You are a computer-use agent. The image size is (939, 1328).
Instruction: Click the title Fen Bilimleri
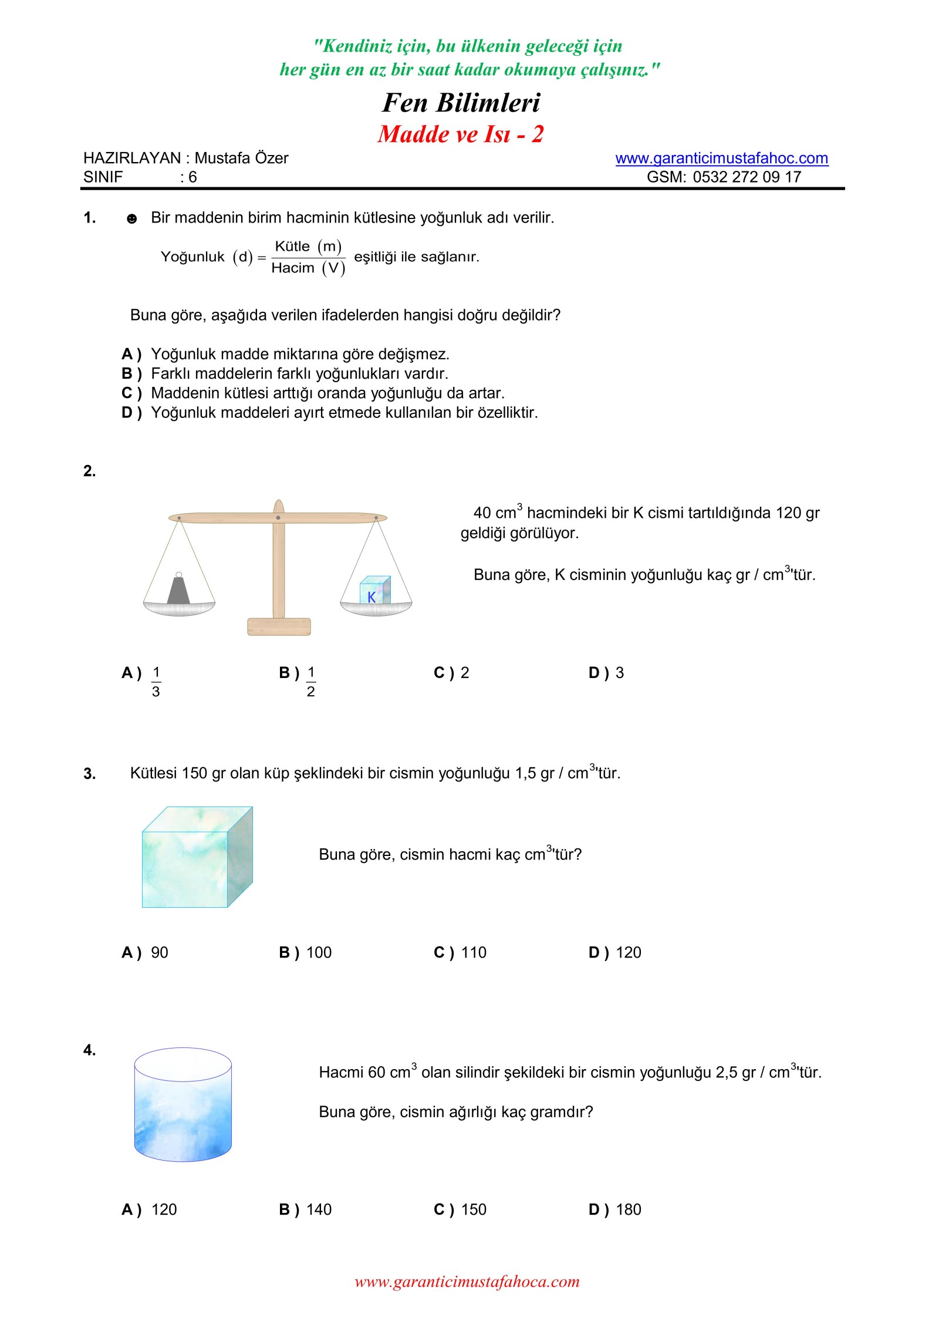tap(461, 103)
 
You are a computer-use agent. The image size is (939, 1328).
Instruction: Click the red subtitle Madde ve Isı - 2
tap(461, 134)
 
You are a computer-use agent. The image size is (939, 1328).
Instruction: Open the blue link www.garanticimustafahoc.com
tap(721, 159)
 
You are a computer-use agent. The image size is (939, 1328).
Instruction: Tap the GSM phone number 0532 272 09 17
tap(747, 177)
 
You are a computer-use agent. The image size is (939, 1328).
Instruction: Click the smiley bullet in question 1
tap(132, 219)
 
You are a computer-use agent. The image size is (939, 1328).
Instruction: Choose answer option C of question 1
tap(327, 393)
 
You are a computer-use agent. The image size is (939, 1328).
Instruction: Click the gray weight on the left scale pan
tap(178, 589)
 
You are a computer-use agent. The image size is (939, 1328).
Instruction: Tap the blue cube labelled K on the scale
tap(375, 590)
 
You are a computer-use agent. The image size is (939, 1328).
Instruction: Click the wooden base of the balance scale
tap(279, 626)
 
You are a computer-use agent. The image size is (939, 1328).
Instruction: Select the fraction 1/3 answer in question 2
tap(156, 682)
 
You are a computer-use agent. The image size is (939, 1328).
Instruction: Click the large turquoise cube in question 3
tap(197, 858)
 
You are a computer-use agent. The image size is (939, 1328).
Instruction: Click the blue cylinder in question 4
tap(183, 1104)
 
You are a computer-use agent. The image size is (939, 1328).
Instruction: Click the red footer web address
tap(467, 1282)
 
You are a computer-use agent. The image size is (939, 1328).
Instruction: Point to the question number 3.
tap(89, 774)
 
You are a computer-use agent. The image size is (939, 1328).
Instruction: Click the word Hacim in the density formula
tap(292, 268)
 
